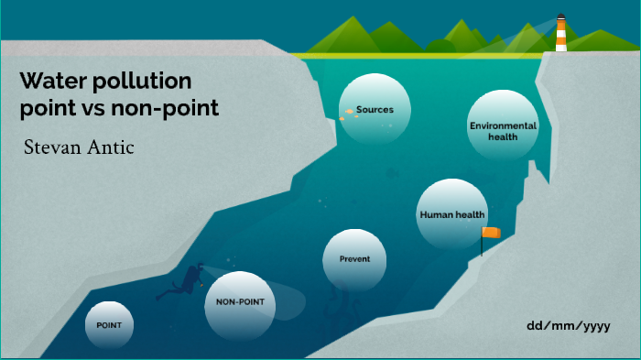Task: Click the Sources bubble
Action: click(372, 110)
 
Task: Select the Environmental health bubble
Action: click(503, 130)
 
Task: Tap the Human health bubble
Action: click(451, 214)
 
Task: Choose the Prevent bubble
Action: click(354, 259)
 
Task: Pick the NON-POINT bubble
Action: click(239, 303)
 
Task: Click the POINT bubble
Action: click(109, 324)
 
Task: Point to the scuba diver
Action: click(190, 280)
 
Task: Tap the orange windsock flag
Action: click(493, 233)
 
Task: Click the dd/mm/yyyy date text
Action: click(569, 326)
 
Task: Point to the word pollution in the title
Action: click(139, 81)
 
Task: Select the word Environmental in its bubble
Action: click(503, 125)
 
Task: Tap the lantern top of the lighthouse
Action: click(560, 17)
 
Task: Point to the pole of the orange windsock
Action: click(482, 244)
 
